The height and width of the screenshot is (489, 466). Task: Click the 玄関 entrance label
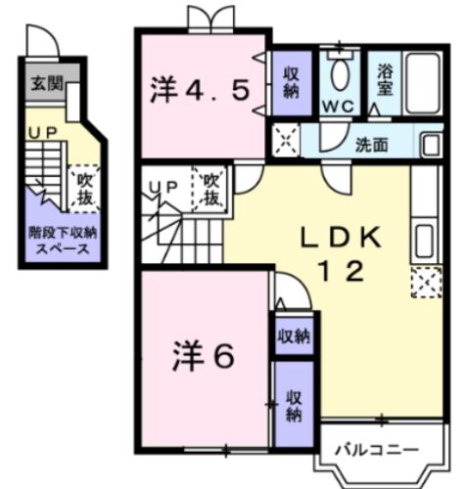47,84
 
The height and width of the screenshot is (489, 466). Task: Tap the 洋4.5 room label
200,90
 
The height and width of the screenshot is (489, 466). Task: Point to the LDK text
341,238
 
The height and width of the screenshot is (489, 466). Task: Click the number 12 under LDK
342,272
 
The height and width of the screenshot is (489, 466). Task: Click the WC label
339,106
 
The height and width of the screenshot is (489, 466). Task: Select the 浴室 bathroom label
385,80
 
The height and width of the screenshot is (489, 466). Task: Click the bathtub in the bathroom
423,83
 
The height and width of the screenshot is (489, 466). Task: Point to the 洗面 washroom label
371,145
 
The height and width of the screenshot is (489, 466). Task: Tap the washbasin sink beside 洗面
431,145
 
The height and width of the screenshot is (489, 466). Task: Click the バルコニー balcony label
377,450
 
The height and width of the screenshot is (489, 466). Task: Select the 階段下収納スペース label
63,242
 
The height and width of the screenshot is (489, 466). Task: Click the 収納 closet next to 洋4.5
292,82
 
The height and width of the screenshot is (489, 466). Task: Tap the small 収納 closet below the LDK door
294,335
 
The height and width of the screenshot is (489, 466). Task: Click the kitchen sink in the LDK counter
426,241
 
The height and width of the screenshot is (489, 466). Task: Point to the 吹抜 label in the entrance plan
85,189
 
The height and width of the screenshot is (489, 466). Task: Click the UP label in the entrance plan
43,133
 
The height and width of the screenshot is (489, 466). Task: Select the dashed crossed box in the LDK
427,283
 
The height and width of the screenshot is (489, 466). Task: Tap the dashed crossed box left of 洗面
286,140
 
